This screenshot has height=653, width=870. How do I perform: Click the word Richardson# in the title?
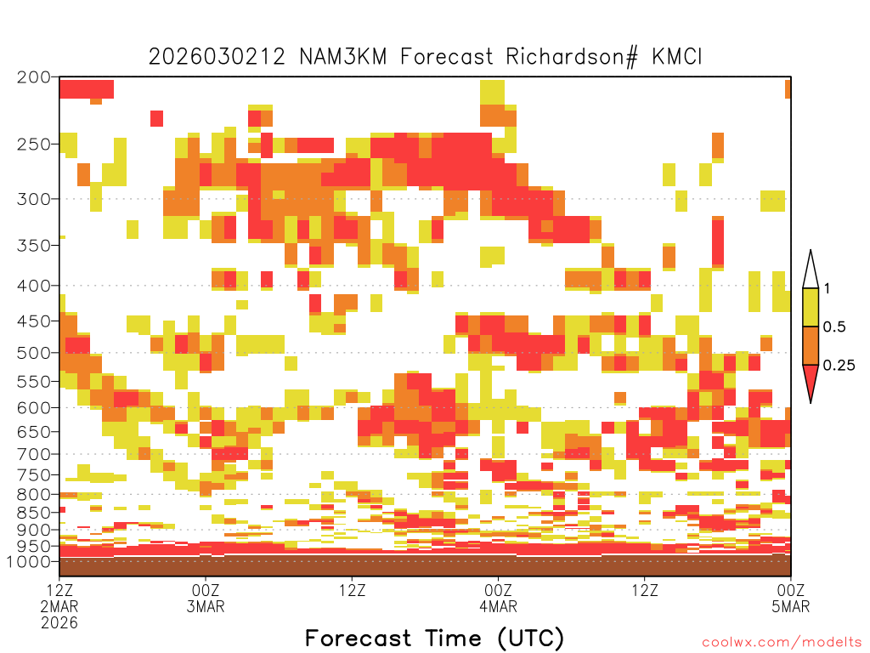(572, 57)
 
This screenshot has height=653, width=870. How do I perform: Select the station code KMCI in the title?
(677, 57)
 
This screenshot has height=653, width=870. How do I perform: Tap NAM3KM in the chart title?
(342, 57)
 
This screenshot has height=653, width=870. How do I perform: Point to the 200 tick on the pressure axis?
(34, 77)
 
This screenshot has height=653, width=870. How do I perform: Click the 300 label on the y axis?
(34, 199)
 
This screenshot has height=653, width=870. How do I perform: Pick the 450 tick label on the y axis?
(34, 321)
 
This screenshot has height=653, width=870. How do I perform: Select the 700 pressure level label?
(34, 454)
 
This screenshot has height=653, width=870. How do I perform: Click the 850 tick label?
(34, 512)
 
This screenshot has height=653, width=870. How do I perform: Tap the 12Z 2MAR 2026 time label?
(59, 606)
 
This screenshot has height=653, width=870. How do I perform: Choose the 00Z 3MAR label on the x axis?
(206, 598)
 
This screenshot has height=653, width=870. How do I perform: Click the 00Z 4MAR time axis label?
(498, 598)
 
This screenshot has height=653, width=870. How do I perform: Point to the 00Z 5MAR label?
(791, 598)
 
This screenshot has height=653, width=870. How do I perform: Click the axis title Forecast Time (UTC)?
(434, 638)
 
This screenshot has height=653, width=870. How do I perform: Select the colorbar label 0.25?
(839, 365)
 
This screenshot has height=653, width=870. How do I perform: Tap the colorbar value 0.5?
(834, 326)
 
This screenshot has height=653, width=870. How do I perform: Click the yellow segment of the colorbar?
(811, 307)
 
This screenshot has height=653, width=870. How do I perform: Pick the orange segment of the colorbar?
(811, 345)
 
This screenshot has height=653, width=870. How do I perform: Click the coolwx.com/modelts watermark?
(782, 643)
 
